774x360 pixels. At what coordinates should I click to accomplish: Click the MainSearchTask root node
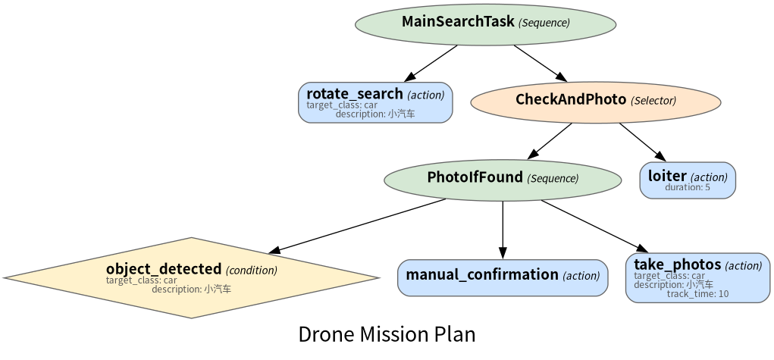pos(485,24)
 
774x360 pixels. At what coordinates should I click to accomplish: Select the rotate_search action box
pos(375,102)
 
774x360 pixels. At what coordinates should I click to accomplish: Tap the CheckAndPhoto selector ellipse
pos(596,102)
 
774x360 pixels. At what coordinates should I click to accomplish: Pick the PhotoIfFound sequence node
pos(503,180)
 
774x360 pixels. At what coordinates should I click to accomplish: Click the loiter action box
pos(688,180)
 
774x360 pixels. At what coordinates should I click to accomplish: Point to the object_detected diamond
pos(192,277)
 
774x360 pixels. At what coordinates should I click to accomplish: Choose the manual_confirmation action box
pos(503,277)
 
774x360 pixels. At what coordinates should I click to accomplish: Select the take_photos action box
pos(697,277)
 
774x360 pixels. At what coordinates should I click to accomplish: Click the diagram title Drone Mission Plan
pos(387,334)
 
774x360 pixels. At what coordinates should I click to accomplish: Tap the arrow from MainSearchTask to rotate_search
pos(431,63)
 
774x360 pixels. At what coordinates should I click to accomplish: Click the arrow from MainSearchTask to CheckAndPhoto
pos(540,63)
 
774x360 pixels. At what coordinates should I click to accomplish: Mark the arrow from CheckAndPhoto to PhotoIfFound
pos(550,141)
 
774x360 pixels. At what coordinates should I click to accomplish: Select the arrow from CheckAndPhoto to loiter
pos(643,142)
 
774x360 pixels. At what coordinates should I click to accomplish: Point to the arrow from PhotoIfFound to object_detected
pos(357,226)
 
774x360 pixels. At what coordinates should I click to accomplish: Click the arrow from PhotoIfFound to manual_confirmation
pos(503,230)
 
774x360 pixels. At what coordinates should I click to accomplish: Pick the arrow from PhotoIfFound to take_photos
pos(595,226)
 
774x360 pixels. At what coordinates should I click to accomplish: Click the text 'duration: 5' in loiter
pos(687,188)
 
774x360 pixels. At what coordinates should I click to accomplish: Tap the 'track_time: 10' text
pos(697,294)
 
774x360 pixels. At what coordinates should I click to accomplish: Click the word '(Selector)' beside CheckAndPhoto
pos(653,101)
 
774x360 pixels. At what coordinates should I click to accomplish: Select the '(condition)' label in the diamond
pos(251,271)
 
